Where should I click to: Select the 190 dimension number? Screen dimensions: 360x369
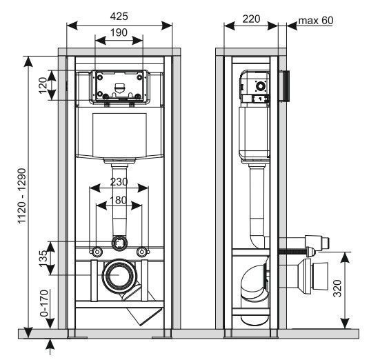pyautogui.click(x=118, y=32)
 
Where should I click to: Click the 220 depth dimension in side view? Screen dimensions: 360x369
pyautogui.click(x=251, y=19)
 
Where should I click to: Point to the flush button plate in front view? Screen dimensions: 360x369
pyautogui.click(x=119, y=86)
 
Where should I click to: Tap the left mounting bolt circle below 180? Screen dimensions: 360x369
pyautogui.click(x=97, y=250)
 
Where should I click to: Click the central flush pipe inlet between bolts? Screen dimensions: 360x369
pyautogui.click(x=119, y=243)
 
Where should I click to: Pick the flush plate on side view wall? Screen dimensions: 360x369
pyautogui.click(x=283, y=86)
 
